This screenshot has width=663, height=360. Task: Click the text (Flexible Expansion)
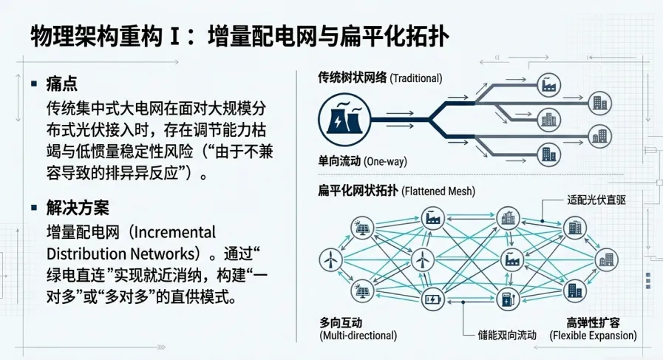point(593,336)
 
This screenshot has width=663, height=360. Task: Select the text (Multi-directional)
point(356,336)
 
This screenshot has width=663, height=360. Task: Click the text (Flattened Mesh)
point(438,191)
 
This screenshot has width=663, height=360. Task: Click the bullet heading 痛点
point(62,84)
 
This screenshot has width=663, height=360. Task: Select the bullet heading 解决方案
point(78,208)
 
